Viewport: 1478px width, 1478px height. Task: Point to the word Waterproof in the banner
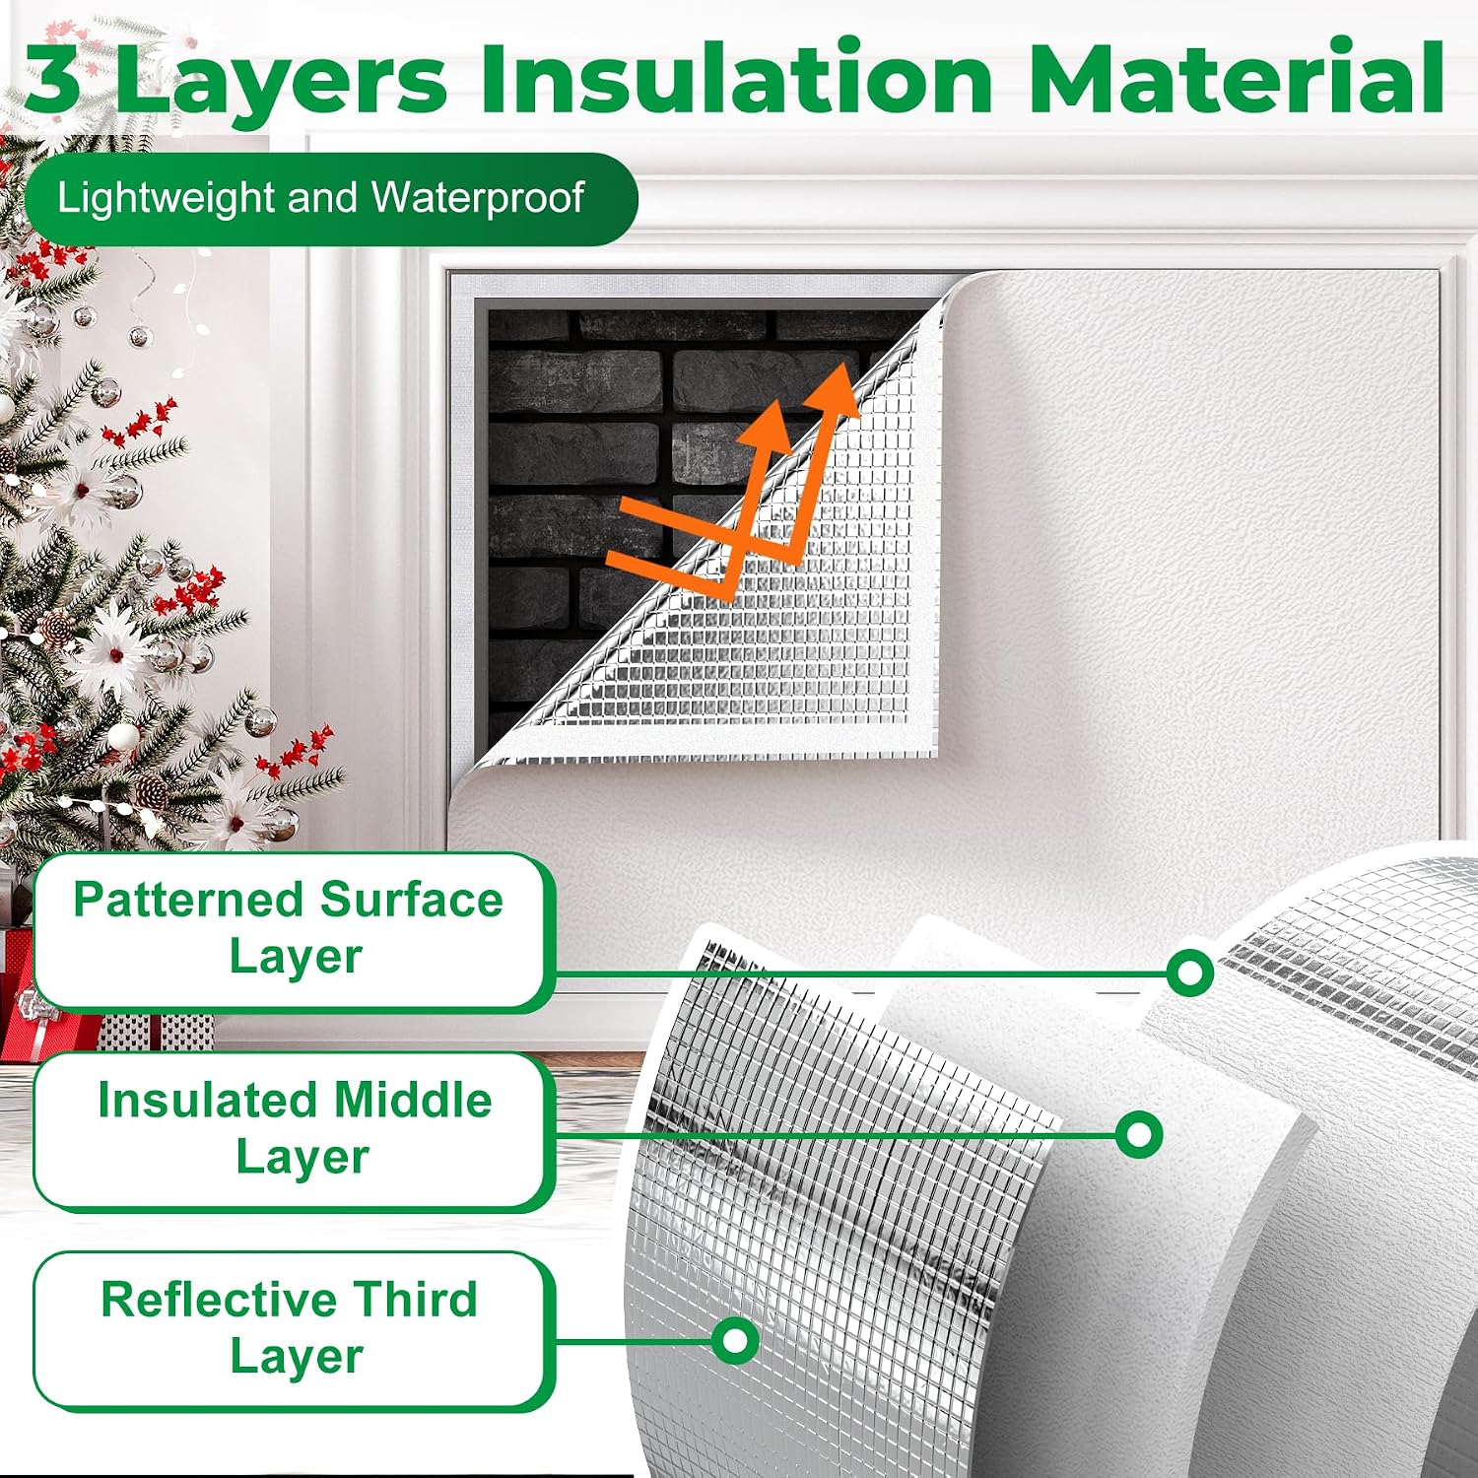coord(478,199)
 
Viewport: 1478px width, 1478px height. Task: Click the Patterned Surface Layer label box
coord(292,931)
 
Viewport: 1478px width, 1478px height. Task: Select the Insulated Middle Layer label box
coord(292,1130)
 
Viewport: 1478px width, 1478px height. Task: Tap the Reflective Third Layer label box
coord(292,1330)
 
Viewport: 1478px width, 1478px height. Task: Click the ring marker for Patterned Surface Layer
coord(1189,974)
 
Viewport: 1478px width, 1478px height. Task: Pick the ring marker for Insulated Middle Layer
coord(1139,1134)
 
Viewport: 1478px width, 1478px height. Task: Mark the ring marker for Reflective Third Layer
coord(734,1341)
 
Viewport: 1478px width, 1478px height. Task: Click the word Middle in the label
coord(412,1100)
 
